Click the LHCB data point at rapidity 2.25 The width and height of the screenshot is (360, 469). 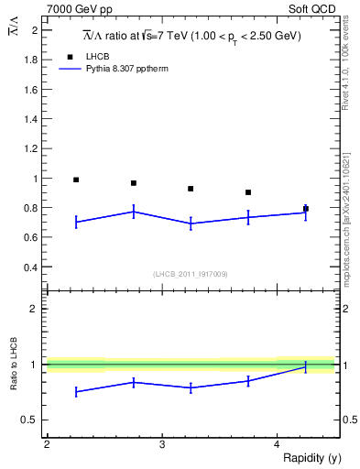tap(76, 180)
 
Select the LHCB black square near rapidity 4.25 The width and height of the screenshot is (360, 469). tap(306, 209)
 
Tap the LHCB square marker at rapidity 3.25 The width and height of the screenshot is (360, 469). tap(191, 189)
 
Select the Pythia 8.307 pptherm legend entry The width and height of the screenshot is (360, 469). tap(129, 69)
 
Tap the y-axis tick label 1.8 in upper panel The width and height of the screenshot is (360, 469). tap(30, 60)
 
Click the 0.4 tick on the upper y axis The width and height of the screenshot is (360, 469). tap(30, 267)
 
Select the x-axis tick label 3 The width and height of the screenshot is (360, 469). tap(162, 444)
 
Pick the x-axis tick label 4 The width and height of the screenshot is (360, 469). tap(278, 444)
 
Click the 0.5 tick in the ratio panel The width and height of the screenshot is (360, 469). tap(30, 420)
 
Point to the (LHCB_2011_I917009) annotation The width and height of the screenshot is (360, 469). tap(191, 274)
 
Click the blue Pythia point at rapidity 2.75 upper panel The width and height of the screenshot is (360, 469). tap(134, 212)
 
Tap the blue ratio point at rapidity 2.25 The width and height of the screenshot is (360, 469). tap(76, 391)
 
